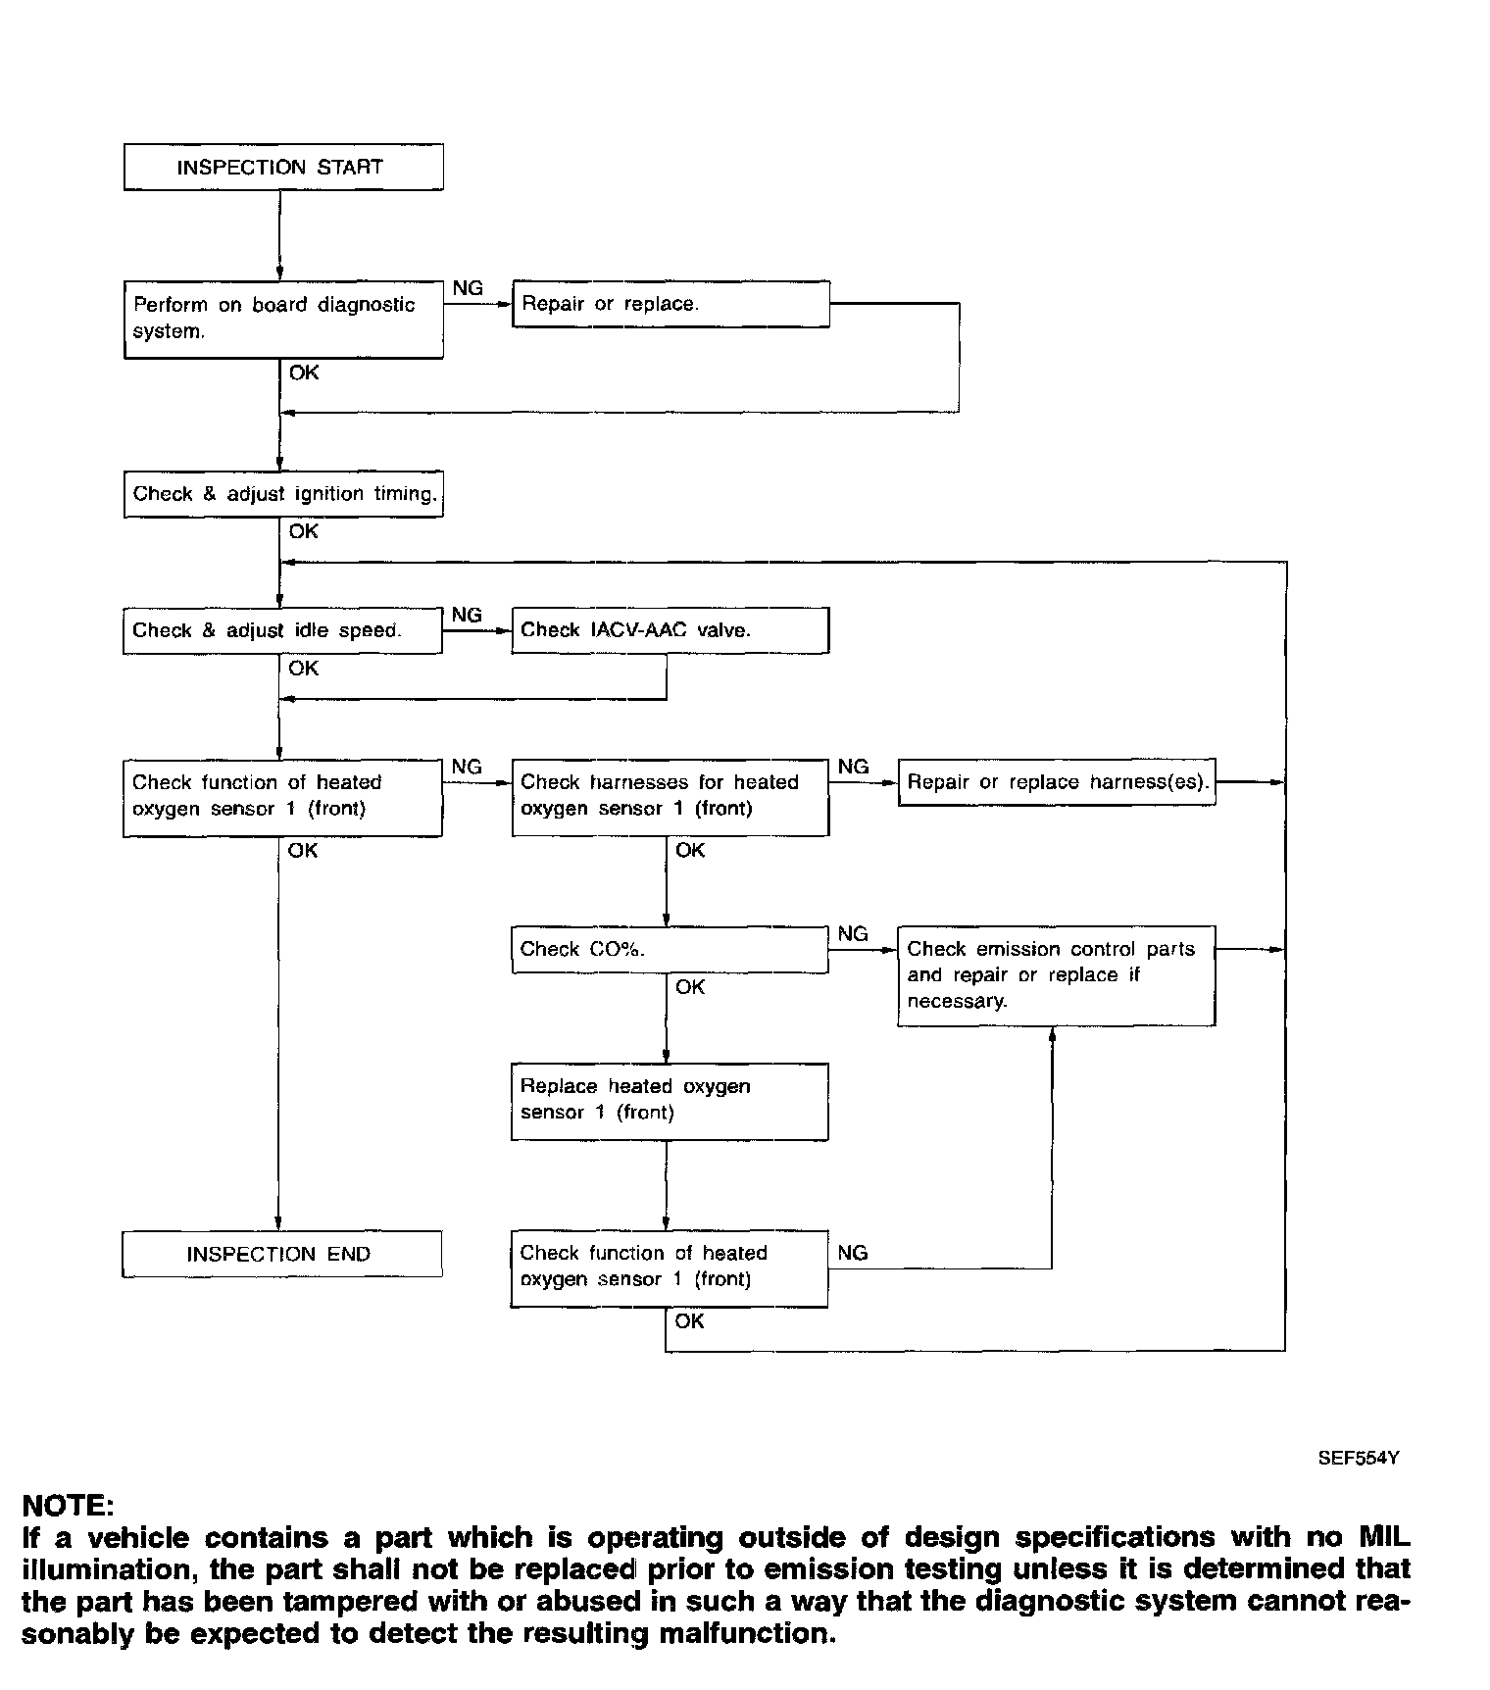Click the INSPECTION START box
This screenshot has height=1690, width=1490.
pyautogui.click(x=282, y=167)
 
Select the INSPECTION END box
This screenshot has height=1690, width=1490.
pyautogui.click(x=281, y=1254)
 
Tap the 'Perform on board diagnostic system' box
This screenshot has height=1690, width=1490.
pyautogui.click(x=282, y=319)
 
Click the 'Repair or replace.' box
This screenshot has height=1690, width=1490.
pyautogui.click(x=670, y=304)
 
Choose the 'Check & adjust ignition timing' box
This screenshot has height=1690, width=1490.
pyautogui.click(x=282, y=494)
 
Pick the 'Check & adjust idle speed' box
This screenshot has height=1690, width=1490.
pyautogui.click(x=282, y=630)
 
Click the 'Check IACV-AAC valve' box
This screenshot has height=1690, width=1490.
pyautogui.click(x=670, y=630)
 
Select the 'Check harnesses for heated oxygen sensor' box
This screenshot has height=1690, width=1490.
pyautogui.click(x=670, y=796)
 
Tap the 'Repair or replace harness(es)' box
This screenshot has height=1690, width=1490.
pyautogui.click(x=1057, y=782)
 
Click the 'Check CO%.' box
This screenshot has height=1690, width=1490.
pyautogui.click(x=670, y=949)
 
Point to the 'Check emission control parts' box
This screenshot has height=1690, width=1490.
pyautogui.click(x=1056, y=975)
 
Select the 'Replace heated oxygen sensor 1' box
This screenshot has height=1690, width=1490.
pyautogui.click(x=670, y=1100)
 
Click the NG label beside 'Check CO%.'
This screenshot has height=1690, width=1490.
pyautogui.click(x=853, y=934)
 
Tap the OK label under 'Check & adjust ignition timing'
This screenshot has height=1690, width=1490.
pyautogui.click(x=304, y=531)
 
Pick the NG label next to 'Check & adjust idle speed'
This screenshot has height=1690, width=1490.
pyautogui.click(x=467, y=616)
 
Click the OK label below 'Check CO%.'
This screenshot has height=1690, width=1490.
pyautogui.click(x=690, y=987)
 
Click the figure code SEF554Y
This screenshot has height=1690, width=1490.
pyautogui.click(x=1358, y=1458)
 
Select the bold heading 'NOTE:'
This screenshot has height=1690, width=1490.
pyautogui.click(x=68, y=1506)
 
